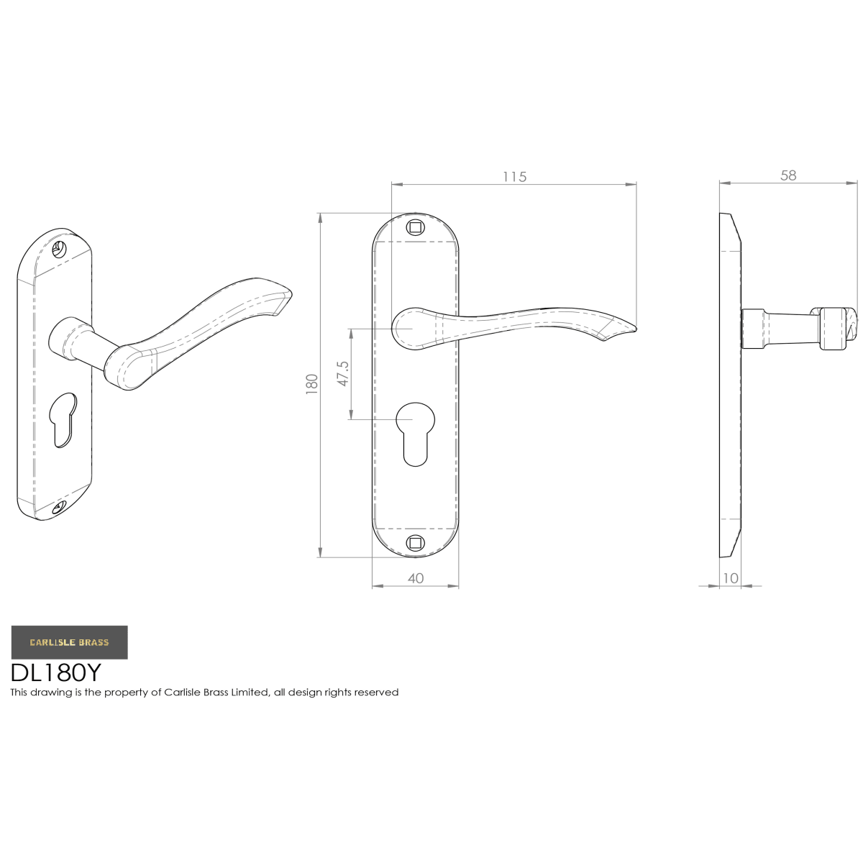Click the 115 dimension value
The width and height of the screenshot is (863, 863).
[x=513, y=177]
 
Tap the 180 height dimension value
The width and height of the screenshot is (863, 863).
[x=311, y=384]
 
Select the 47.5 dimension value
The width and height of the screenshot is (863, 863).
[x=342, y=373]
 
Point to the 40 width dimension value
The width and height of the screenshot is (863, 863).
[x=415, y=578]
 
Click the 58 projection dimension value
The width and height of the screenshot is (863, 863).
[x=787, y=175]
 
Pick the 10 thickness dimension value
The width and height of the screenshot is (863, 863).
[x=730, y=578]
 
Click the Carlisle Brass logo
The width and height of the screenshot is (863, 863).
[x=70, y=642]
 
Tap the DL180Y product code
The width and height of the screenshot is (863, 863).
[x=56, y=672]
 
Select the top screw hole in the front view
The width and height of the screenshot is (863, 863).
[x=415, y=227]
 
